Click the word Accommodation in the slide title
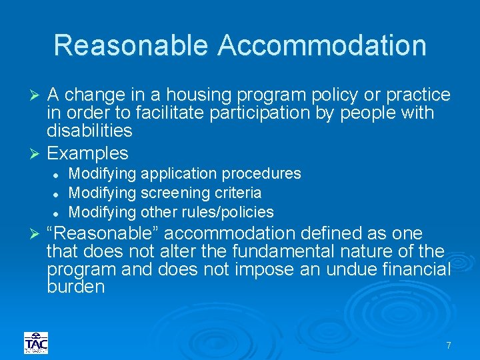(321, 45)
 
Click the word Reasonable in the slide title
(132, 45)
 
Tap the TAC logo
(36, 343)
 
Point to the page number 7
(449, 345)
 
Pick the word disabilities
(89, 131)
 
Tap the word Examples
(87, 153)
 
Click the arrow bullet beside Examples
(37, 153)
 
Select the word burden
(76, 287)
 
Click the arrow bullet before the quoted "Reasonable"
(37, 234)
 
